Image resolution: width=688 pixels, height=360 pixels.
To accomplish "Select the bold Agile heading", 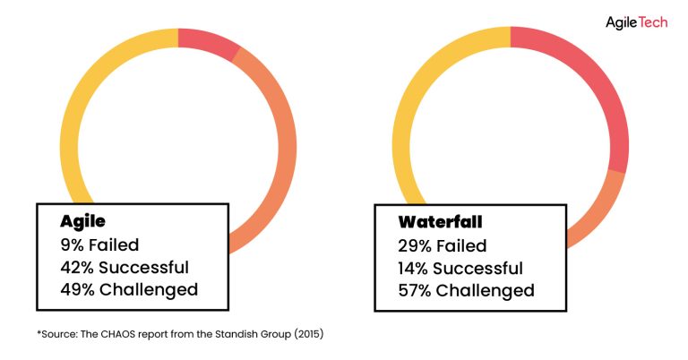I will (x=83, y=220).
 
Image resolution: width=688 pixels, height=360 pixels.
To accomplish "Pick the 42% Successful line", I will (x=124, y=267).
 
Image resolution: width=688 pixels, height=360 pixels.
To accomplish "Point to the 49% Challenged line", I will (x=128, y=289).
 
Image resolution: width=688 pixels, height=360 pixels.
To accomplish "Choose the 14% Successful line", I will (x=460, y=268).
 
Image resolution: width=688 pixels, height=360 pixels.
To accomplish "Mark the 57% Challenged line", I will (x=466, y=290).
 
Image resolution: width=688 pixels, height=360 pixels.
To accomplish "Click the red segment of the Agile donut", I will (x=209, y=41).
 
